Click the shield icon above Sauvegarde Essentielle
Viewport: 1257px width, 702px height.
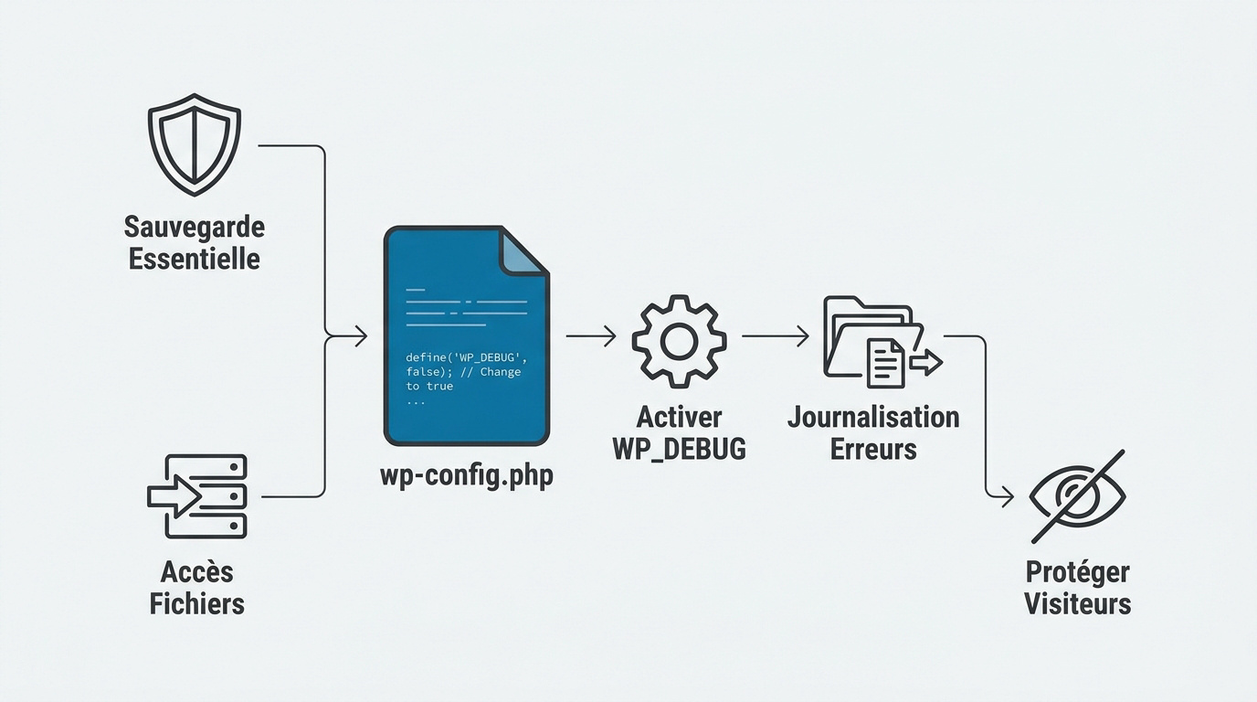click(195, 144)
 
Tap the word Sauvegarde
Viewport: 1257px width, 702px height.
click(194, 226)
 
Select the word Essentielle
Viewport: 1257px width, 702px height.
click(194, 259)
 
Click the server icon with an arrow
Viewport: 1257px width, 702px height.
click(197, 496)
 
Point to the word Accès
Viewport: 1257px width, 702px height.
click(196, 571)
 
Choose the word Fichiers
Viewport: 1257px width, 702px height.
click(196, 604)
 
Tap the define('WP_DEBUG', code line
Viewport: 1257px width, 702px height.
click(466, 356)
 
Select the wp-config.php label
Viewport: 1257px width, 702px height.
click(466, 476)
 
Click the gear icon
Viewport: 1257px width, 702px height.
click(679, 339)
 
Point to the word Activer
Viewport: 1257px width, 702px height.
click(679, 417)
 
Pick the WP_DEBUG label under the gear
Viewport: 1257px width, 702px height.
click(679, 449)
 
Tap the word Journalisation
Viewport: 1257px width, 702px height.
click(873, 417)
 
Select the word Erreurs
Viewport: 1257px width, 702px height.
click(873, 449)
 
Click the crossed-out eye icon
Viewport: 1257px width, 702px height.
click(1077, 496)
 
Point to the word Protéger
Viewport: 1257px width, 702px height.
click(1077, 571)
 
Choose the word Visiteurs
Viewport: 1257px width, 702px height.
click(1077, 604)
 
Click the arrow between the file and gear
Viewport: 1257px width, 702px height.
click(591, 336)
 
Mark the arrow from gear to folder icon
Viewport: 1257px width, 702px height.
click(775, 336)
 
